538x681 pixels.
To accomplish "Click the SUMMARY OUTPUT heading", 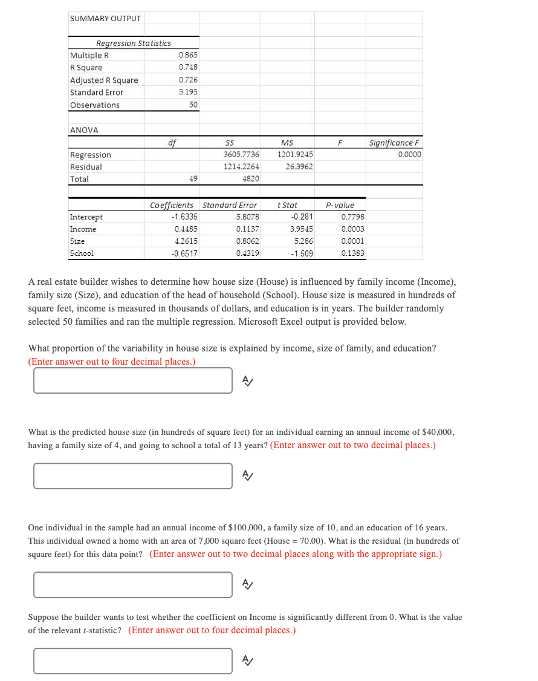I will point(105,18).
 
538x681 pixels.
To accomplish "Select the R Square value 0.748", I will point(188,67).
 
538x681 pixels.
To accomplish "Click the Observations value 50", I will point(193,105).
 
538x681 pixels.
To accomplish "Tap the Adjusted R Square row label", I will point(104,80).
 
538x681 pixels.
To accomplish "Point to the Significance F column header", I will point(395,143).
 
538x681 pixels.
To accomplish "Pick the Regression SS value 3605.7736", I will point(241,155).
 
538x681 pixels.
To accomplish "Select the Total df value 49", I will point(193,179).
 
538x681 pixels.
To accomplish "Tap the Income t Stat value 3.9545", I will point(302,229).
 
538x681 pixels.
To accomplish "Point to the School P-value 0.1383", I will point(352,253).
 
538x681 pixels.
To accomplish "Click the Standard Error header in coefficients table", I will point(230,205).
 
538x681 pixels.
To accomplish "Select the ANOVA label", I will point(84,130).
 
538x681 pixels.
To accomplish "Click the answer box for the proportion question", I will point(133,380).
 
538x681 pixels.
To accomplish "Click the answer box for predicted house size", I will point(133,476).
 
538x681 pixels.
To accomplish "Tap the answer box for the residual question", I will point(133,585).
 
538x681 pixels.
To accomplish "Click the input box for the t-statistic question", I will point(133,661).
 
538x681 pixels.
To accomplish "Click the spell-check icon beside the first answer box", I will point(247,380).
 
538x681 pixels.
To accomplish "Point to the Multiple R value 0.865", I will point(188,55).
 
